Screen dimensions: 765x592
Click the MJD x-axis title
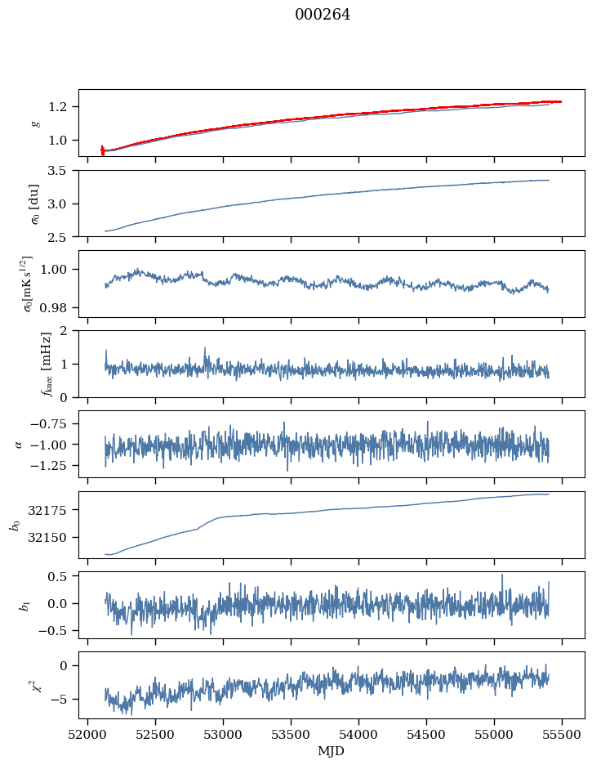[x=332, y=751]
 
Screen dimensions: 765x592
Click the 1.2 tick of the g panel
[x=63, y=107]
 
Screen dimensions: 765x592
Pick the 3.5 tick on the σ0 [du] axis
[x=63, y=171]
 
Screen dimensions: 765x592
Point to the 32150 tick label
[x=55, y=538]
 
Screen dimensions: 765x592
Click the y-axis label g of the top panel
[x=34, y=123]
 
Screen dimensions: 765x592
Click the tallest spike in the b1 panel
[x=502, y=575]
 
